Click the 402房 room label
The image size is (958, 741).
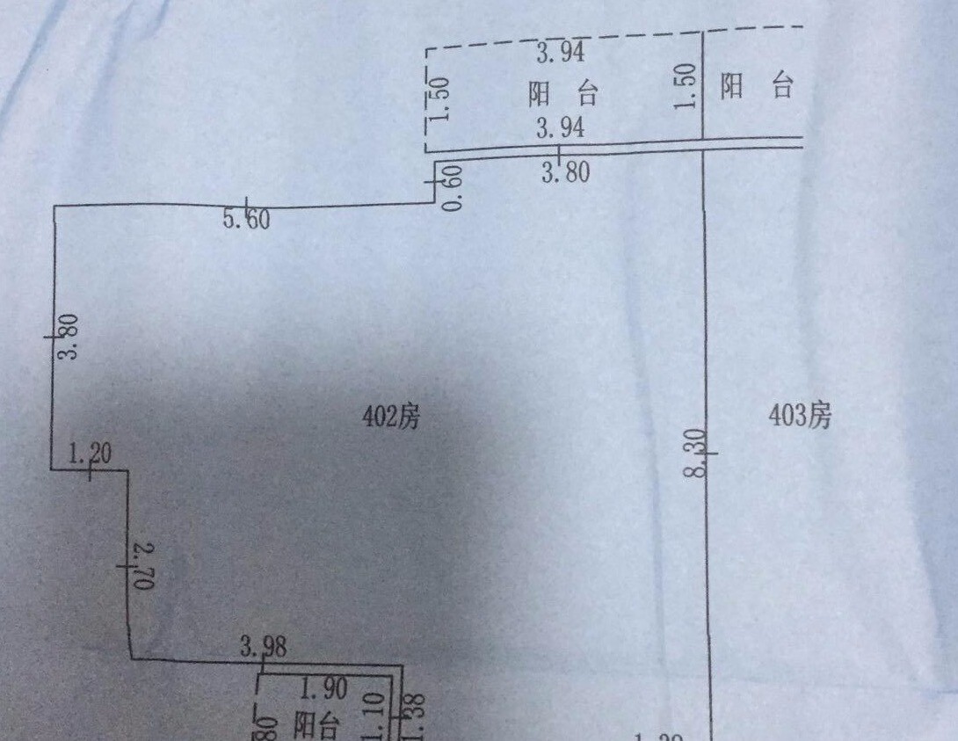click(x=391, y=417)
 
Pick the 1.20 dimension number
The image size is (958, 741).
click(x=90, y=455)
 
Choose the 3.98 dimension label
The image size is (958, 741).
click(x=264, y=649)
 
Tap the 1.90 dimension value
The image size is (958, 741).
click(x=323, y=688)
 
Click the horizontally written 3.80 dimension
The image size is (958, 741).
click(x=564, y=172)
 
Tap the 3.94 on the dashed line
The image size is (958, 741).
click(x=560, y=54)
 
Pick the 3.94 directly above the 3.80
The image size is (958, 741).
click(x=560, y=129)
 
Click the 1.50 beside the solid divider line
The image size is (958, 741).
click(x=687, y=85)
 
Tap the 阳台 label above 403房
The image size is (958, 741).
click(x=757, y=86)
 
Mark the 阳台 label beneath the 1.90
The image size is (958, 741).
click(x=316, y=726)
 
